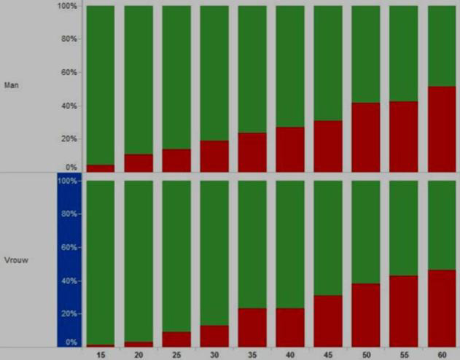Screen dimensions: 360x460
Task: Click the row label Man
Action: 11,85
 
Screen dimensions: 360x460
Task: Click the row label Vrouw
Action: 14,259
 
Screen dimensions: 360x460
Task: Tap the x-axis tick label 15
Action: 101,353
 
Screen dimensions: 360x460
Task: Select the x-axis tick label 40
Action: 291,353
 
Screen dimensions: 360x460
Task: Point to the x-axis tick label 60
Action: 443,353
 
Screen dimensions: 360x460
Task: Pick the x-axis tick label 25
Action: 176,353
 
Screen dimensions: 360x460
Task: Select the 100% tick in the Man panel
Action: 66,6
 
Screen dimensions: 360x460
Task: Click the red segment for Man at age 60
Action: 442,129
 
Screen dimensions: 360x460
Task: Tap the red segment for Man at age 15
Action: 101,168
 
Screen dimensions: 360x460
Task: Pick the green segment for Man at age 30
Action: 214,73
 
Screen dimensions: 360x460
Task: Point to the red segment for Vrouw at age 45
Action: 328,321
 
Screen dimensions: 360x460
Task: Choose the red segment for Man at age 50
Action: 366,137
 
